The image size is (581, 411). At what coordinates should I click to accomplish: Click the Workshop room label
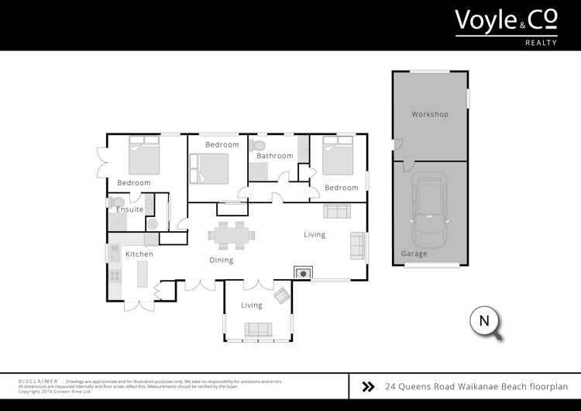[430, 115]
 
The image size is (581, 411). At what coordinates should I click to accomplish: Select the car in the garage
[431, 209]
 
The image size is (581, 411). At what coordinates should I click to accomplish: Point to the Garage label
[414, 254]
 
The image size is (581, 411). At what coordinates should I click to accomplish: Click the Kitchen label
[139, 254]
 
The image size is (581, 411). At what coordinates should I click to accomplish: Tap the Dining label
[221, 260]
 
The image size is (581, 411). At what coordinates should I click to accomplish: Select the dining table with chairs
[229, 234]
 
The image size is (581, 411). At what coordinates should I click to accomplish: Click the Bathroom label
[275, 156]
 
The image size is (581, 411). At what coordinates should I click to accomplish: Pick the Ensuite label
[129, 209]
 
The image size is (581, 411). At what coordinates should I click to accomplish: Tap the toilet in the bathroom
[260, 145]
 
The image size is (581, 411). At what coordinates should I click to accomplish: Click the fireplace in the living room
[303, 272]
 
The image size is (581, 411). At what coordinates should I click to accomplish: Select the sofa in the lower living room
[257, 329]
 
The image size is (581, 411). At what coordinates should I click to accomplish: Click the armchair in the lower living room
[283, 295]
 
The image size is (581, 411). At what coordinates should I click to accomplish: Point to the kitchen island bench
[142, 275]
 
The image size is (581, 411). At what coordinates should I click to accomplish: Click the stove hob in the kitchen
[115, 275]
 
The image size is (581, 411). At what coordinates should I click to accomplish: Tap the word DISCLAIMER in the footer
[37, 382]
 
